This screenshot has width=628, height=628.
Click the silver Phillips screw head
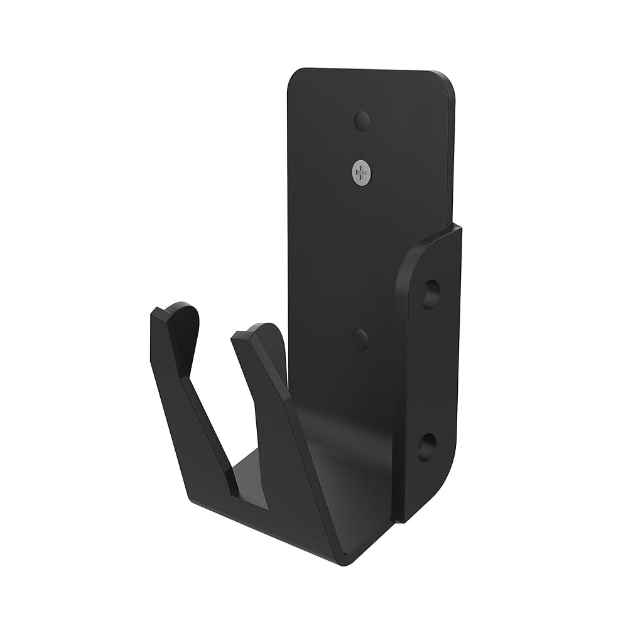[x=361, y=171]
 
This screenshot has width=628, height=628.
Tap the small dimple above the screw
[x=362, y=119]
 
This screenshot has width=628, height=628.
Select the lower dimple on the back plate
[x=360, y=339]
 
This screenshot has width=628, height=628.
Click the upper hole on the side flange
[x=430, y=293]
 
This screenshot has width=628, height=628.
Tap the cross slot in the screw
[x=361, y=171]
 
